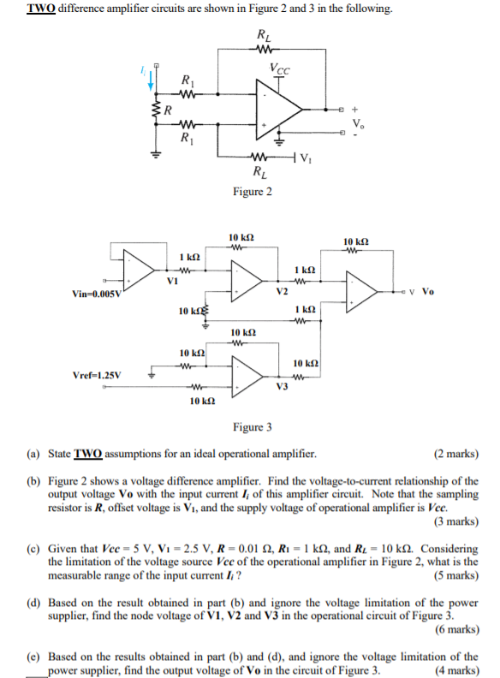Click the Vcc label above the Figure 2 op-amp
(x=278, y=69)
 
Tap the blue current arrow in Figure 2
(x=152, y=80)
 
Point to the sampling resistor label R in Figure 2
(x=169, y=110)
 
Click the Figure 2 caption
(x=253, y=191)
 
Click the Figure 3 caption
(x=253, y=427)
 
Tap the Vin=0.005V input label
(x=98, y=294)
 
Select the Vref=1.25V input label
(x=97, y=375)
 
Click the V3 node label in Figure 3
(x=283, y=386)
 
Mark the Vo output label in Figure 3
(x=428, y=291)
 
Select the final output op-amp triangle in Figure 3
(x=362, y=290)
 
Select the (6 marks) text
(x=456, y=629)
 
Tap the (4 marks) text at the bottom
(x=456, y=670)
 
